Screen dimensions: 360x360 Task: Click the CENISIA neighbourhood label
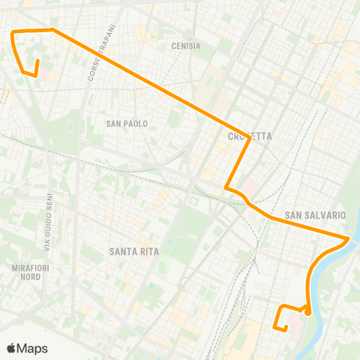click(186, 46)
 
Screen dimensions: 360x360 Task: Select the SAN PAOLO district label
click(127, 123)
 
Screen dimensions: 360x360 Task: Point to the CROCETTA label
click(249, 136)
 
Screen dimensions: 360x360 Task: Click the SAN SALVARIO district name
click(316, 215)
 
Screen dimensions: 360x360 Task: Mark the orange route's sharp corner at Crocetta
click(249, 126)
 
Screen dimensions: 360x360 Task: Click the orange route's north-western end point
click(36, 73)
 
